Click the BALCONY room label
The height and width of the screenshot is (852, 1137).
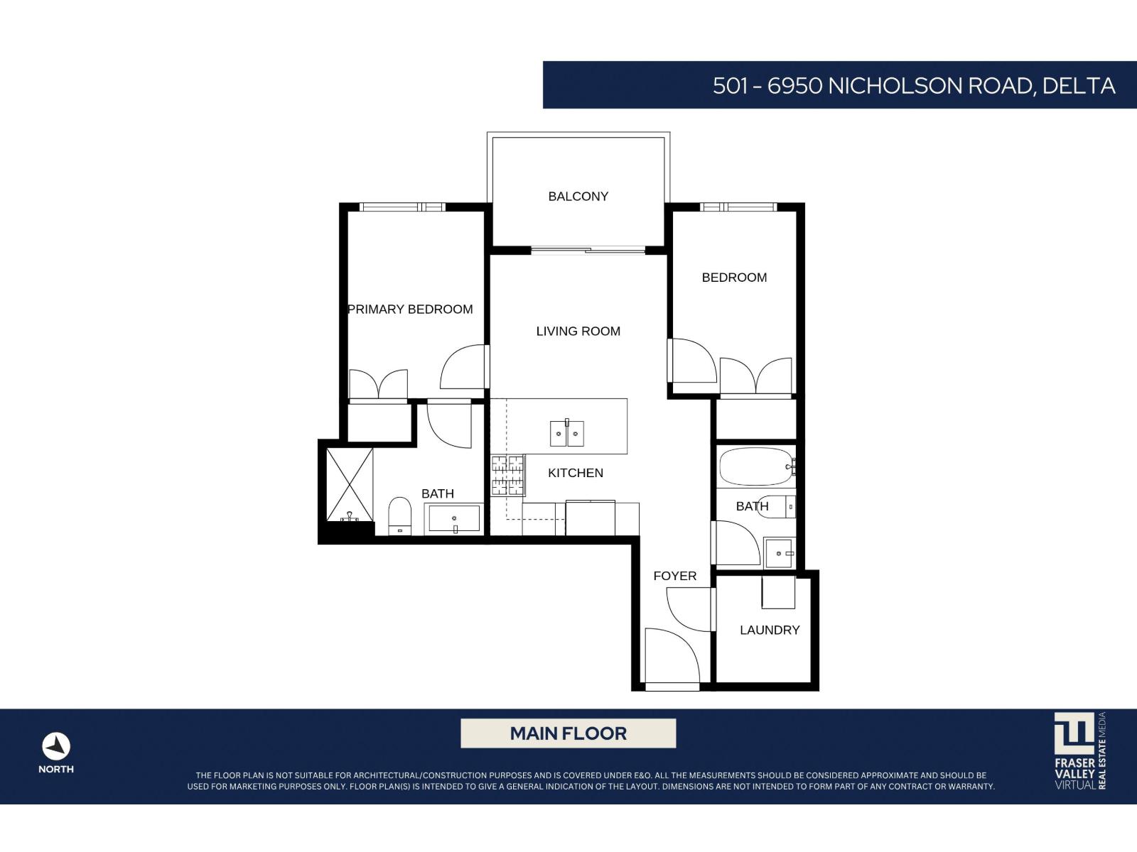coord(578,197)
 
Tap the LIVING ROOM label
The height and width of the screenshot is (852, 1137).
coord(578,332)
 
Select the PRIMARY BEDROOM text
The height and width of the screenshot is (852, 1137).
coord(410,310)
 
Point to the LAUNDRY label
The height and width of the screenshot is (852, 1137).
coord(770,630)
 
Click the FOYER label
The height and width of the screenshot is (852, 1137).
coord(674,577)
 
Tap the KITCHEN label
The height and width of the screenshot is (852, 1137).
coord(575,474)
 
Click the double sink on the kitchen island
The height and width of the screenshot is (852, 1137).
coord(566,434)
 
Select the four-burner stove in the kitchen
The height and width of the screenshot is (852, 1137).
coord(507,476)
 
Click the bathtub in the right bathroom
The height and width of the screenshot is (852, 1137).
coord(755,466)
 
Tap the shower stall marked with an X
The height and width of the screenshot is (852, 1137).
coord(349,485)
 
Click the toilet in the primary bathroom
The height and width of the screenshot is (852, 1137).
coord(400,514)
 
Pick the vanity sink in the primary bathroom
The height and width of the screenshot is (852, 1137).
coord(453,519)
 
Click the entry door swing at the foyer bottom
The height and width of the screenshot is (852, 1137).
coord(671,657)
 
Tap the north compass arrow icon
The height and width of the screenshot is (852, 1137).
coord(56,747)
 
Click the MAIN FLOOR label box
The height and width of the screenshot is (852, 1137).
coord(568,733)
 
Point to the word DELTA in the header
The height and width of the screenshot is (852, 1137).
coord(1078,86)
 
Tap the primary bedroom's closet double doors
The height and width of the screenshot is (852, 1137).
coord(378,386)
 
